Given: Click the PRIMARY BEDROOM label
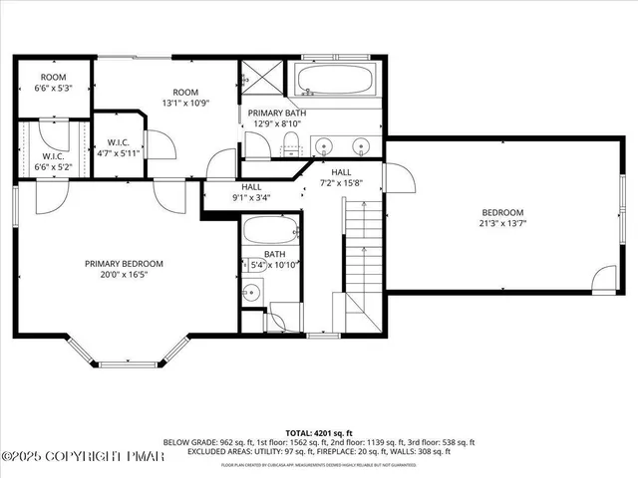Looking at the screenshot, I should pyautogui.click(x=124, y=263).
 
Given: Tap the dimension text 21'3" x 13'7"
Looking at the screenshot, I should pyautogui.click(x=502, y=223).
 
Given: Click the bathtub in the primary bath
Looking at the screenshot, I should pyautogui.click(x=334, y=81).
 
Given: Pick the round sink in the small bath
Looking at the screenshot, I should pyautogui.click(x=252, y=293).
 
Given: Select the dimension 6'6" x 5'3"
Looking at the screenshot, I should pyautogui.click(x=54, y=88).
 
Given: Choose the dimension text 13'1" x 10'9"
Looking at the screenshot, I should pyautogui.click(x=187, y=102).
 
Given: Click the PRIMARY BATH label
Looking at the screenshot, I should pyautogui.click(x=276, y=114).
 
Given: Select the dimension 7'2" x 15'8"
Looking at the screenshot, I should pyautogui.click(x=341, y=182).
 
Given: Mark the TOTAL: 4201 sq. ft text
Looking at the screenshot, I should pyautogui.click(x=318, y=433).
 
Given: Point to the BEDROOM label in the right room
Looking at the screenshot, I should pyautogui.click(x=502, y=212).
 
